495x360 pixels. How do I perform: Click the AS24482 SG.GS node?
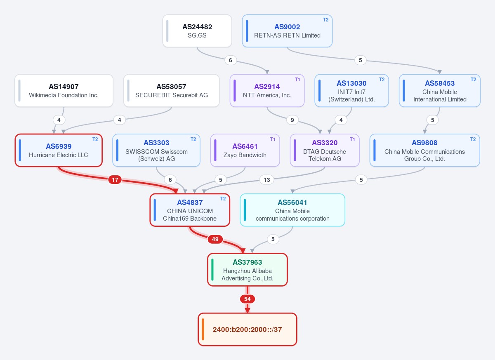point(197,31)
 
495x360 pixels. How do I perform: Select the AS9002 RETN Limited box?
point(287,31)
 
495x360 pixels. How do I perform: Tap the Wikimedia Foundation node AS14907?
point(64,91)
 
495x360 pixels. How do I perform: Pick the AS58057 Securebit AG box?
point(172,91)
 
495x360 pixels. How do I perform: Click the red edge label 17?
point(115,180)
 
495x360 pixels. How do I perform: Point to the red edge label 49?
point(215,239)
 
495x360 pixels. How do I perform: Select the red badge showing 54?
point(247,299)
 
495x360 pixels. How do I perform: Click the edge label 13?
point(267,180)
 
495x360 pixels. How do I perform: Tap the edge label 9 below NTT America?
point(292,120)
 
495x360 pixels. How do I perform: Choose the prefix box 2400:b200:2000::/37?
point(247,329)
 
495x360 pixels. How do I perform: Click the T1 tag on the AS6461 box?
point(273,139)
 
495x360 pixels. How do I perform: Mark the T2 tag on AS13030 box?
point(382,80)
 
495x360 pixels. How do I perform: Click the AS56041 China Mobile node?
point(292,210)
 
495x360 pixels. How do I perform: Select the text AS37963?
point(247,262)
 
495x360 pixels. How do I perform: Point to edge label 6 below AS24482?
point(231,60)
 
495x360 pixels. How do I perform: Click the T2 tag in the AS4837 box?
point(223,199)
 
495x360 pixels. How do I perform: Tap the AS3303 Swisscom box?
point(156,150)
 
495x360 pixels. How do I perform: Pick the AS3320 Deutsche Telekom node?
point(325,150)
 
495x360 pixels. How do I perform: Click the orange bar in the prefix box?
point(203,329)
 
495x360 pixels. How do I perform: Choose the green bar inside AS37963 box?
point(212,270)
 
